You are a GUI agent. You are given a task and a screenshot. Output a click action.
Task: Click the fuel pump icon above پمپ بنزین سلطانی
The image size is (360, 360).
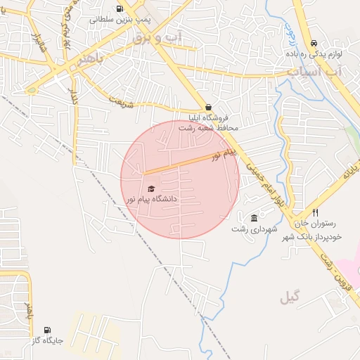119,9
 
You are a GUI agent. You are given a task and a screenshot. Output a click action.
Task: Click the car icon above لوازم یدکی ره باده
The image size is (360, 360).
313,43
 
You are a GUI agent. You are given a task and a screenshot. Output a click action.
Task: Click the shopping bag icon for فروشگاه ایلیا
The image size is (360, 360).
207,108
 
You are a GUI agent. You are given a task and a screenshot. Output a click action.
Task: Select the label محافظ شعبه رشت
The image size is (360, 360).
209,128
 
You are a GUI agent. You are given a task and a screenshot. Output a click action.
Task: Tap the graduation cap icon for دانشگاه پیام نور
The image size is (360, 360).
151,188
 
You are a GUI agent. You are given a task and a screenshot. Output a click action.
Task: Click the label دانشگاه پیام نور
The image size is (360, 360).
150,199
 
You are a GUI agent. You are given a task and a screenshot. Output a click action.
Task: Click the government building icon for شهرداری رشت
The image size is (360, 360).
254,218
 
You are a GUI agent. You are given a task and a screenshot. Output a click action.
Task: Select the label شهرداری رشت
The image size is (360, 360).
255,229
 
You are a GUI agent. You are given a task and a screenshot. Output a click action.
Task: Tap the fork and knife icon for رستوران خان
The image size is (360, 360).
316,212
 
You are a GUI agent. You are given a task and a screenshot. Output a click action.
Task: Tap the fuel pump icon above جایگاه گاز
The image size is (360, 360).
47,330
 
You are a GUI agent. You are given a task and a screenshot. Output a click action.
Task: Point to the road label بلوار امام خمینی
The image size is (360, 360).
265,181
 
